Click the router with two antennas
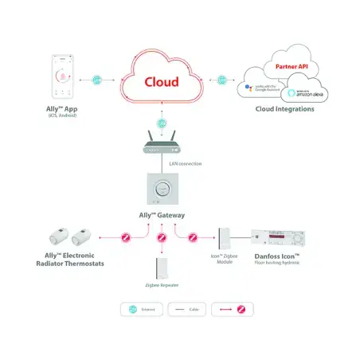point(162,146)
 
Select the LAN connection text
point(184,163)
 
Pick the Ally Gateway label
point(162,217)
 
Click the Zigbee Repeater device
point(162,268)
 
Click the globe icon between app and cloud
point(97,80)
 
